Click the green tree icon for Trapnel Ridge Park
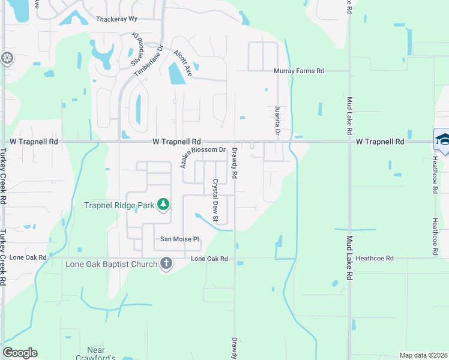pyautogui.click(x=162, y=205)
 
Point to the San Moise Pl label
pyautogui.click(x=179, y=239)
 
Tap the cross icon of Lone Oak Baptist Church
pyautogui.click(x=166, y=263)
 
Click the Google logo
pyautogui.click(x=20, y=353)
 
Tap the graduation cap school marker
pyautogui.click(x=442, y=140)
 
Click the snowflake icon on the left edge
pyautogui.click(x=7, y=58)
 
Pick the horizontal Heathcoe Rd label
pyautogui.click(x=374, y=258)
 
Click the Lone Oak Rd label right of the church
pyautogui.click(x=209, y=259)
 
